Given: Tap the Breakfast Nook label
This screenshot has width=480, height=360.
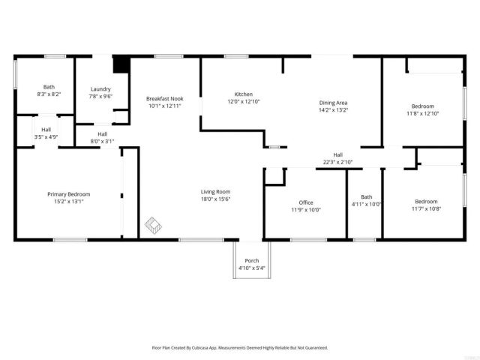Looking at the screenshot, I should coord(165,98).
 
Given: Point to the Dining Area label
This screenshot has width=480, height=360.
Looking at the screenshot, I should coord(333,103).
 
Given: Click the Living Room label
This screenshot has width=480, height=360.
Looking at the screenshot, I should coord(215,191).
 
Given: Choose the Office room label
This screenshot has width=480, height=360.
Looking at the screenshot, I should coord(305,202).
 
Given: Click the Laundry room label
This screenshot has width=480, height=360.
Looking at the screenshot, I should coord(100,88).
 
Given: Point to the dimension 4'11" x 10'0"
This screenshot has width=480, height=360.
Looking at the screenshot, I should coord(366,204).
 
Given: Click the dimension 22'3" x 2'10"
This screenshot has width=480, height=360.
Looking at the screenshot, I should coord(337,161).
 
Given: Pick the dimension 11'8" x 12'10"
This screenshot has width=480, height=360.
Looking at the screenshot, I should coord(422,113).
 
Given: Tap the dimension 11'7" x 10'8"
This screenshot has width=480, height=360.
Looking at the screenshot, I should coord(426,208).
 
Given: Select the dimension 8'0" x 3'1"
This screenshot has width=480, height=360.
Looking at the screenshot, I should coord(102,141).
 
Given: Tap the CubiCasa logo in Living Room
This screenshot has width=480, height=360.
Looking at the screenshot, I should coord(152,223).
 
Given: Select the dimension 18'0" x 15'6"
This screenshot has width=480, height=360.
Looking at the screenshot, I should coord(215,199).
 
